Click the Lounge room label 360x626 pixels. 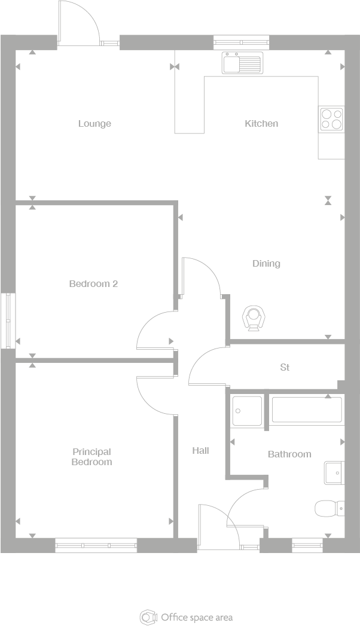coord(94,124)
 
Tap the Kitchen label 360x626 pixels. coord(261,124)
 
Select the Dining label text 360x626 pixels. coord(266,264)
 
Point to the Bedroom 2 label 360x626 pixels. coord(93,283)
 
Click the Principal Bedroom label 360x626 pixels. coord(92,457)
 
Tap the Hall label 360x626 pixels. coord(200,451)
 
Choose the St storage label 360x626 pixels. coord(285,367)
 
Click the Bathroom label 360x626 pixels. coord(289,454)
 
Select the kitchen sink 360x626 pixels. coord(242,63)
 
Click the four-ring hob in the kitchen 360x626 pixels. coord(331,118)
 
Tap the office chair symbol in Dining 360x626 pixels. coord(254,317)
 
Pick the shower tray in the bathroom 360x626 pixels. coord(247,411)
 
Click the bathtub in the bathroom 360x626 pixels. coord(307,410)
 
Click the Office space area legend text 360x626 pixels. coord(197,617)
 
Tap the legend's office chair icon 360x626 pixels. coord(147,617)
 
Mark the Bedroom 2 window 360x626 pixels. coord(8,320)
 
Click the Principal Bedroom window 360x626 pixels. coord(96,545)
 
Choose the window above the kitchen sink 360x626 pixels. coord(242,42)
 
